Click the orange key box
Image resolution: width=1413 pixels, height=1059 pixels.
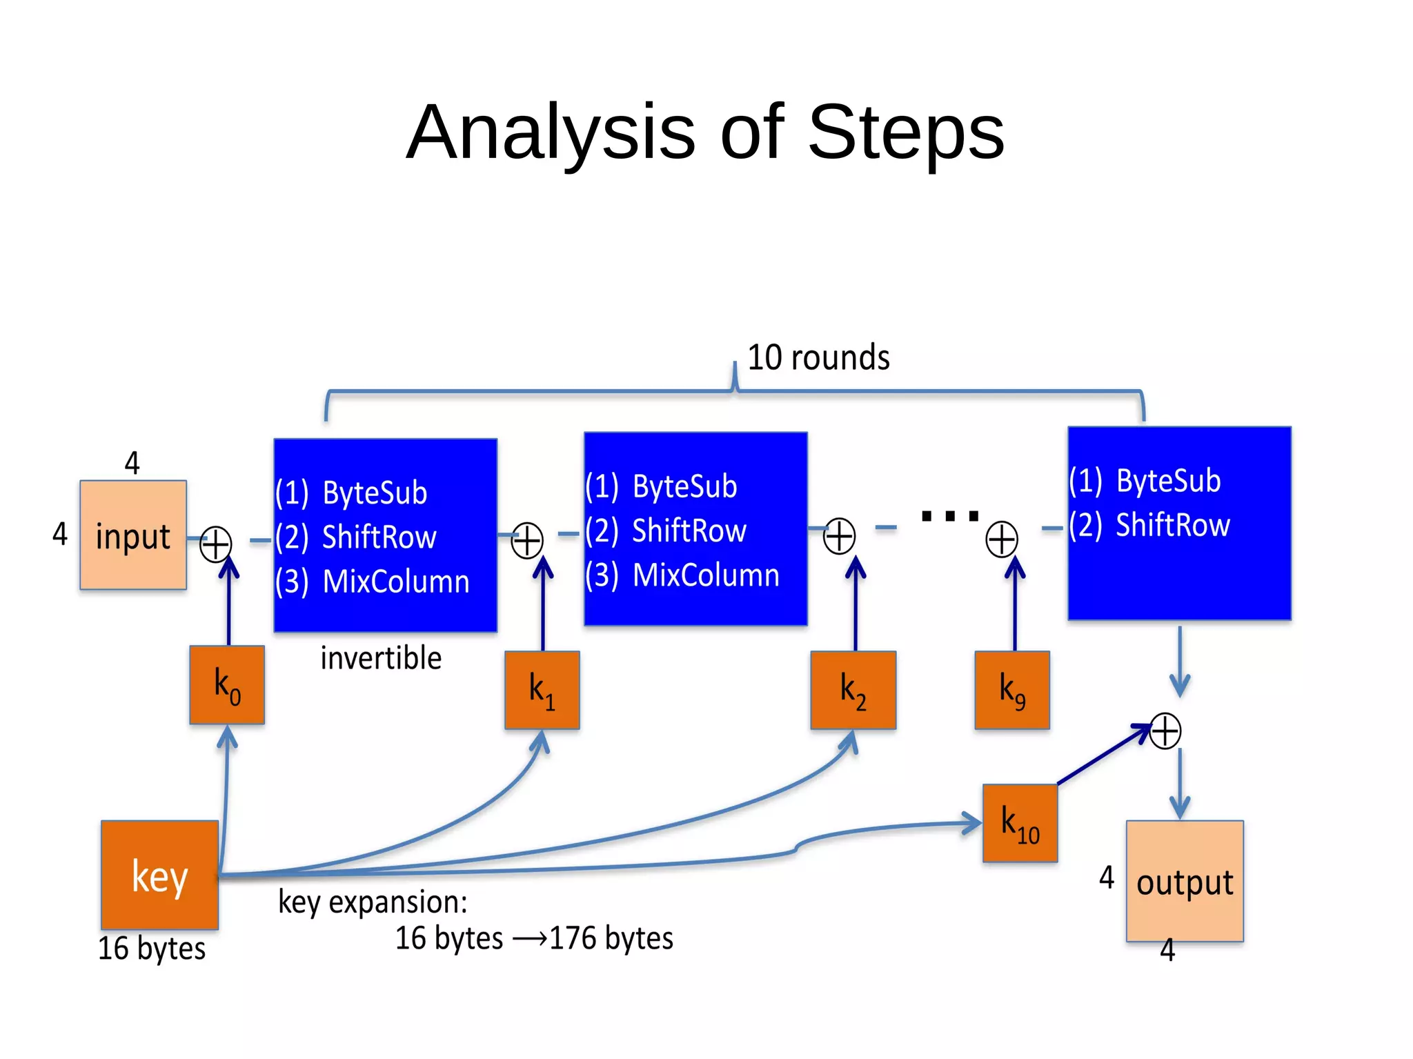159,875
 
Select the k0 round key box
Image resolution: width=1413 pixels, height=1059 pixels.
227,685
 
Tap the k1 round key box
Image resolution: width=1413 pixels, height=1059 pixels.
542,690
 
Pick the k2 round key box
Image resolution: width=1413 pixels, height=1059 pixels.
853,690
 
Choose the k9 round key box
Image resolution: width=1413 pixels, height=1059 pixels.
1011,690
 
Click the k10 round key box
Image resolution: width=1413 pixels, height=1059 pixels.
1020,823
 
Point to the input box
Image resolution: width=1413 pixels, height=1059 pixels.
133,535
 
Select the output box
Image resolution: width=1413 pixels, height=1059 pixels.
1184,881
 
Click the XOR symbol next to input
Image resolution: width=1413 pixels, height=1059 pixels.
215,544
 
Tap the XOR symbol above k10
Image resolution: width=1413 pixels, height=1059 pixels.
1165,731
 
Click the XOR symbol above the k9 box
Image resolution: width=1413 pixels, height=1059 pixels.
1001,540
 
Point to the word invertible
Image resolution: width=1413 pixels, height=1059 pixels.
381,658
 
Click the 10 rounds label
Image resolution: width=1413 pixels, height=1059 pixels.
818,357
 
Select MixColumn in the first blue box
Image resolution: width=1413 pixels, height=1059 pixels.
395,582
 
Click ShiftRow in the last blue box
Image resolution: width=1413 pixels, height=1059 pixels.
1172,525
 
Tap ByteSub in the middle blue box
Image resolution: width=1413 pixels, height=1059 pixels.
684,486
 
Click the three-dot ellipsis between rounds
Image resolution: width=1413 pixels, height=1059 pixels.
950,515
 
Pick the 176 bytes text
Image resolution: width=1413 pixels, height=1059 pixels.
611,938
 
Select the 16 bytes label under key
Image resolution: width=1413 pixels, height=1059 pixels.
152,949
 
